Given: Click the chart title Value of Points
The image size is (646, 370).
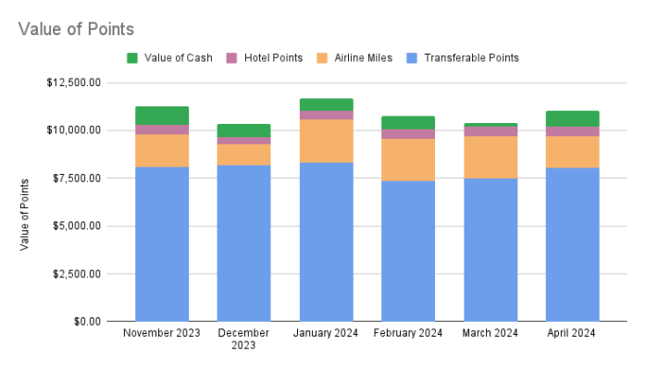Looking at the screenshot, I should pyautogui.click(x=76, y=29).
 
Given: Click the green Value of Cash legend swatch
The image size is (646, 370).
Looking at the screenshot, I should pyautogui.click(x=132, y=58).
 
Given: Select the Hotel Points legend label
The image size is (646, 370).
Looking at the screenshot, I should pyautogui.click(x=273, y=58).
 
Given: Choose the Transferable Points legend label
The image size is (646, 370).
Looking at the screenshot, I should pyautogui.click(x=471, y=58).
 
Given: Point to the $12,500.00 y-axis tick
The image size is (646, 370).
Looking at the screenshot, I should pyautogui.click(x=73, y=82).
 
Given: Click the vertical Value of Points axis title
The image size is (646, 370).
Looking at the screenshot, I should pyautogui.click(x=25, y=215).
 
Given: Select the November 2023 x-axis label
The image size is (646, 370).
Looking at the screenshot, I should pyautogui.click(x=162, y=333).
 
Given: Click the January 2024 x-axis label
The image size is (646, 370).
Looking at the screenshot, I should pyautogui.click(x=326, y=333).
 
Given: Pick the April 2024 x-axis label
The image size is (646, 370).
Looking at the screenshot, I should pyautogui.click(x=572, y=333).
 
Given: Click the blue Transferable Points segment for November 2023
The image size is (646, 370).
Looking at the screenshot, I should pyautogui.click(x=162, y=244).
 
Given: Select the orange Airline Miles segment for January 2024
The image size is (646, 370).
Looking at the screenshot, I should pyautogui.click(x=326, y=141).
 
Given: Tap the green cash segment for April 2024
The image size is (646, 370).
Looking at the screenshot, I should pyautogui.click(x=572, y=118).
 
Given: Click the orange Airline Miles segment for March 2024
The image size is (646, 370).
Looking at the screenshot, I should pyautogui.click(x=491, y=157).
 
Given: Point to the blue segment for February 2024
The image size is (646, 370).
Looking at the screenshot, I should pyautogui.click(x=408, y=251).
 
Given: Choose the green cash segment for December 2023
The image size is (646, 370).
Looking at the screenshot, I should pyautogui.click(x=243, y=130).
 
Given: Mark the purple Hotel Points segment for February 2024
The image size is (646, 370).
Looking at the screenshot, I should pyautogui.click(x=408, y=134).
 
